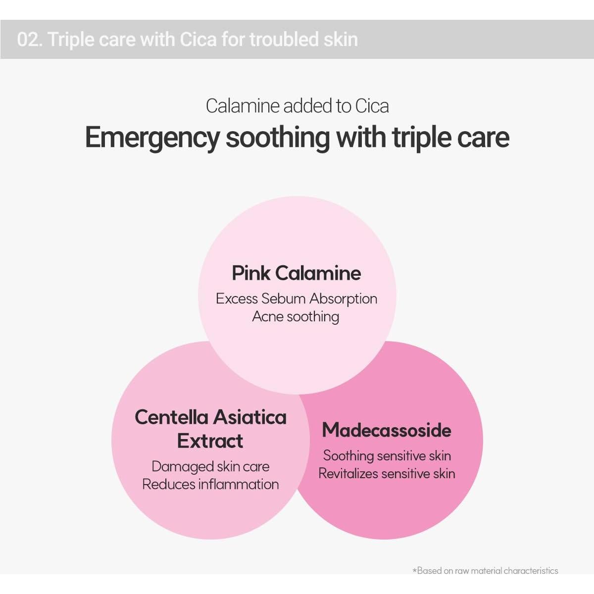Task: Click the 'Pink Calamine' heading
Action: [x=296, y=273]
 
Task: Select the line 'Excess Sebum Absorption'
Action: [x=297, y=298]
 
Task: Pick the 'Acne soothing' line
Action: [x=296, y=317]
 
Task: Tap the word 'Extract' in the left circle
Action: [x=210, y=441]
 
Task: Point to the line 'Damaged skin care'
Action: [x=210, y=466]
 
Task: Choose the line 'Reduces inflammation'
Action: [x=210, y=484]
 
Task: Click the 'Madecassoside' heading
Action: [x=387, y=430]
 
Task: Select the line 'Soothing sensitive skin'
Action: [x=387, y=455]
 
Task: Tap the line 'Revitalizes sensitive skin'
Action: [x=387, y=474]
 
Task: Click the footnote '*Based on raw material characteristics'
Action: [x=486, y=571]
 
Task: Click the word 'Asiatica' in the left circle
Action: [x=250, y=417]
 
